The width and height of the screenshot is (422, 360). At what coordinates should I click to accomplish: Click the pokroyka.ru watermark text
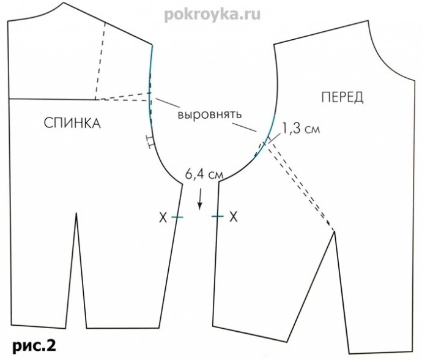(212, 15)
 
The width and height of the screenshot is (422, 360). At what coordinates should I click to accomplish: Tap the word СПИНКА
(72, 123)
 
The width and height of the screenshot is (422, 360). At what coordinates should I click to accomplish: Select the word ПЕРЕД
(342, 97)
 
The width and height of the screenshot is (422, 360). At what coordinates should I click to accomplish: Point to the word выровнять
(210, 114)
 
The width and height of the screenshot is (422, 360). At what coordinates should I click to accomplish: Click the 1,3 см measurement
(300, 129)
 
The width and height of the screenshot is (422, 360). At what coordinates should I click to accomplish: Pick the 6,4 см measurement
(204, 174)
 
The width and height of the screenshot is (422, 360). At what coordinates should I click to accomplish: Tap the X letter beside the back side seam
(163, 217)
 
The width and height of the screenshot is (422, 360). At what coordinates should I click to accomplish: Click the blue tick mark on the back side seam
(177, 217)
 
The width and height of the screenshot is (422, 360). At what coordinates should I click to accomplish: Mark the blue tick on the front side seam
(218, 216)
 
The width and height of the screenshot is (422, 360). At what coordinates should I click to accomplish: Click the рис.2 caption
(34, 345)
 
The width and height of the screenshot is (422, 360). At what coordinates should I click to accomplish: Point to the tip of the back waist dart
(76, 213)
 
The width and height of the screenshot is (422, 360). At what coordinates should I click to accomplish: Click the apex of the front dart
(335, 231)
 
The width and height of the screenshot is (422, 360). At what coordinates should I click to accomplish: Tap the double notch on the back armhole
(150, 142)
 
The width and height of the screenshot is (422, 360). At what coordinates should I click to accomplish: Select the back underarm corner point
(182, 184)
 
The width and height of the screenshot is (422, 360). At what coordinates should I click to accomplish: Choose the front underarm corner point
(219, 182)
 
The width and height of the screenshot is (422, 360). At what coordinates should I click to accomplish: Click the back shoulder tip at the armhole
(152, 44)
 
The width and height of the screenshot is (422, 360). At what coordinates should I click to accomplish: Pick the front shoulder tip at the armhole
(274, 44)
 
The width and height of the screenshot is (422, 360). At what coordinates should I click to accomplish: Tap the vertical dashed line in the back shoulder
(100, 61)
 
